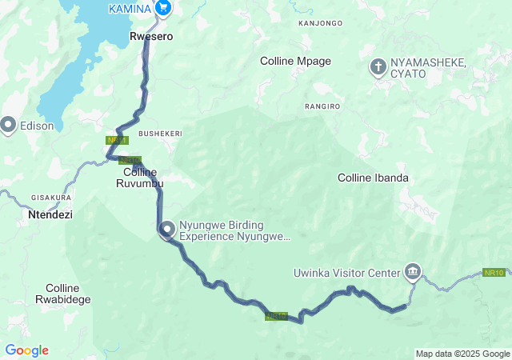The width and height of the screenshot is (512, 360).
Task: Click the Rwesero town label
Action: tap(152, 36)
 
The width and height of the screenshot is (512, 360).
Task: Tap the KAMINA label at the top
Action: tap(130, 7)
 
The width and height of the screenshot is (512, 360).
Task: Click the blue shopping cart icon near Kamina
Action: tap(163, 8)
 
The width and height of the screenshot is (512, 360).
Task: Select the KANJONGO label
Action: tap(320, 23)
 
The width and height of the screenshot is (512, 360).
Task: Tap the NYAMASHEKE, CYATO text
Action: tap(429, 68)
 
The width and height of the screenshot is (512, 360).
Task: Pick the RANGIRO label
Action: tap(322, 106)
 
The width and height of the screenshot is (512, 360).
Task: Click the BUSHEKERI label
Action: tap(160, 133)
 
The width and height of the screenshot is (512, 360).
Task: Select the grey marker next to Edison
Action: tap(9, 125)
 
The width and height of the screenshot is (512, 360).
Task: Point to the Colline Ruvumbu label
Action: tap(144, 178)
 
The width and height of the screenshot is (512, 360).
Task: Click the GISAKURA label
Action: tap(51, 197)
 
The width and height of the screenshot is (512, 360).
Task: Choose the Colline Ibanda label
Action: tap(374, 178)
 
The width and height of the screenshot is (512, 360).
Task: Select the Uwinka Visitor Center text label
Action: tap(346, 273)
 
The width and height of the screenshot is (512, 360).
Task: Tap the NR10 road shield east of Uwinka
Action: tap(494, 273)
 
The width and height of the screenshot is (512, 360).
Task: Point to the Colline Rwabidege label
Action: tap(68, 294)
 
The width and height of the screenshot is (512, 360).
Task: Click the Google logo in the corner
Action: tap(26, 350)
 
